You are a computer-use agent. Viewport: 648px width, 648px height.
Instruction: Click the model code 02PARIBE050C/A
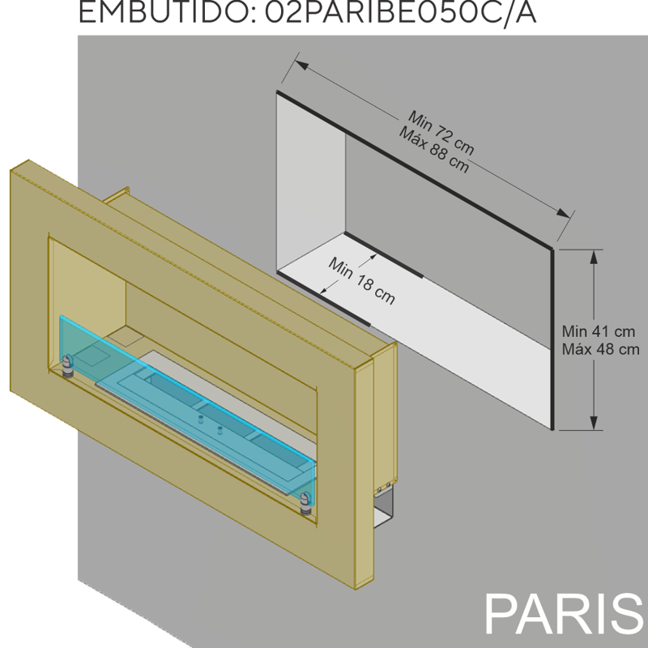click(400, 12)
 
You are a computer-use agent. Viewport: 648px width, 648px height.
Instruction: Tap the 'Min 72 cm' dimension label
click(441, 132)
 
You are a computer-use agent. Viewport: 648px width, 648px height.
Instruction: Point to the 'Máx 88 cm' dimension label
click(434, 151)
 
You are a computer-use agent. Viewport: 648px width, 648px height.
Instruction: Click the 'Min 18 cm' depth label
click(361, 280)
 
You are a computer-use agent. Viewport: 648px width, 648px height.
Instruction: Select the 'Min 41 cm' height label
click(599, 331)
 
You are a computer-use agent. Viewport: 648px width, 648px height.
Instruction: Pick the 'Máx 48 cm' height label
click(600, 349)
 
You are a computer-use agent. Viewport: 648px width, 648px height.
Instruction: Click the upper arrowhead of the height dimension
click(594, 257)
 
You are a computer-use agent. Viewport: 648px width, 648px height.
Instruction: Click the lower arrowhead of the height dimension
click(594, 422)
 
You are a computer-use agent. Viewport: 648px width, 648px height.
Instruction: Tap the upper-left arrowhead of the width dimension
click(301, 65)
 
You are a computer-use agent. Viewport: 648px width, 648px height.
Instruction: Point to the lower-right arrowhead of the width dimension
click(563, 213)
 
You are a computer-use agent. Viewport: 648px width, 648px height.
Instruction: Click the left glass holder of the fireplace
click(67, 365)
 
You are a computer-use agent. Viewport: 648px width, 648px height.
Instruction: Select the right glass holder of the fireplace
click(306, 503)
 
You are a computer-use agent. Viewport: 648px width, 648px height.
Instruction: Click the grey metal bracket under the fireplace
click(383, 507)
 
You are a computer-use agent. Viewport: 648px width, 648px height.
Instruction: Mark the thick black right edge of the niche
click(552, 339)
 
